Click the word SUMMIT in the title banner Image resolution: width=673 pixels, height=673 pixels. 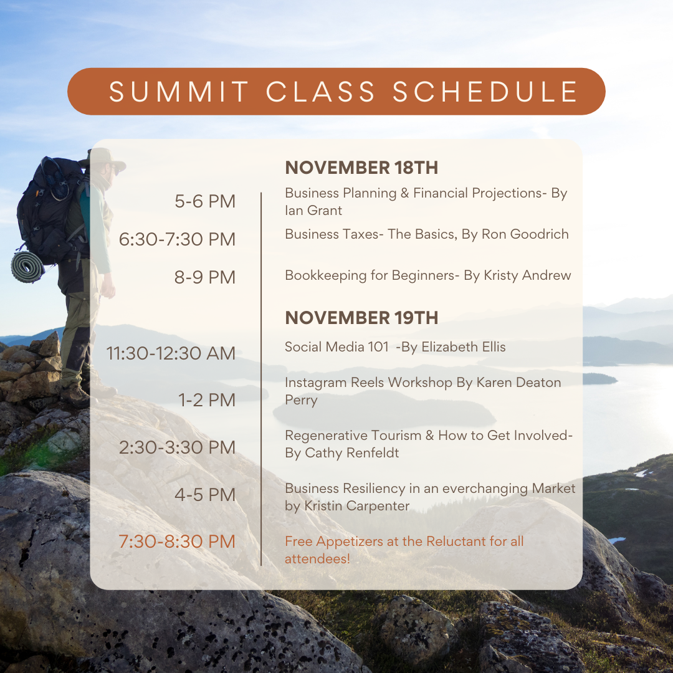coord(179,92)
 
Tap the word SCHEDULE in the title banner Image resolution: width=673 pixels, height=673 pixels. coord(485,92)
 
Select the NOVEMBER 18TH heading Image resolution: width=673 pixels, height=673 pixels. coord(361,168)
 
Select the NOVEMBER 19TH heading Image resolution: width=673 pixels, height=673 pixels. coord(361,318)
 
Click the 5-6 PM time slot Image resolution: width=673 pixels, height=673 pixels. coord(205,201)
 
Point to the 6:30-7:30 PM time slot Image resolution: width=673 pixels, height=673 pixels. coord(177,239)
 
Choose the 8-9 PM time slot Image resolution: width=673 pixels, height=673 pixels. coord(205,277)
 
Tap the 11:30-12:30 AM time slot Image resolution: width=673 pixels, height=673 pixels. coord(171,353)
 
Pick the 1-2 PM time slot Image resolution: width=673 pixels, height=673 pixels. coord(208,400)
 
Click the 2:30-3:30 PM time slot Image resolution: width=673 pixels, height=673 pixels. coord(177,447)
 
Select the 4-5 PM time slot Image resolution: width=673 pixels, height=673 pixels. coord(205,495)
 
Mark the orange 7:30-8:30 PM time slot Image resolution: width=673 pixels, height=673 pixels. coord(177,542)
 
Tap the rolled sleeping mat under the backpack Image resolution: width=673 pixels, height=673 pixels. coord(27,267)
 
